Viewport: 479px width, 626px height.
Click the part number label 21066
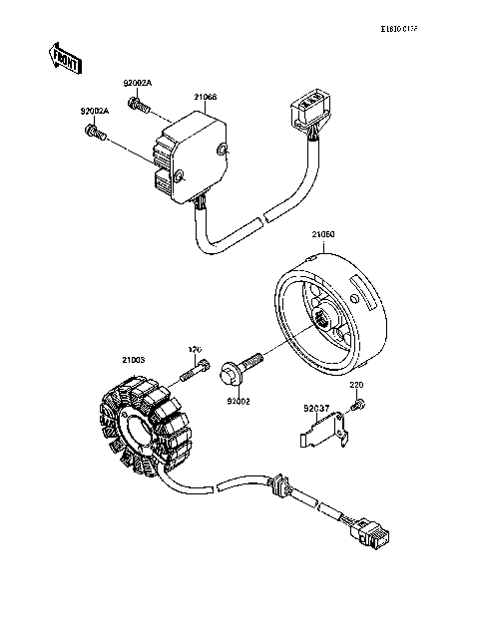(x=206, y=97)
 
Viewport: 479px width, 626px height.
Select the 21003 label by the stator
(x=134, y=359)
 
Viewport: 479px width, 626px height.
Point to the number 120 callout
(x=197, y=349)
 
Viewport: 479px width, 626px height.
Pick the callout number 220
(x=358, y=383)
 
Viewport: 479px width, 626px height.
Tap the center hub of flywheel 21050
(x=323, y=318)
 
